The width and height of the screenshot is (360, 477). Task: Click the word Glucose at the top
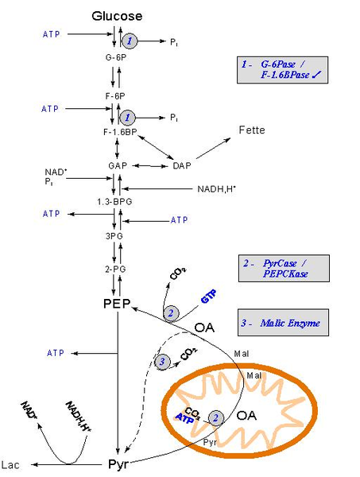[117, 16]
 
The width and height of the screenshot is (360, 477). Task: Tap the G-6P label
[116, 57]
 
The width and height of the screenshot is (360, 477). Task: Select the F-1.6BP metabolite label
[120, 132]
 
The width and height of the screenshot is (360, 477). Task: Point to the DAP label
[182, 166]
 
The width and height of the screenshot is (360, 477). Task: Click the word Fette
[252, 130]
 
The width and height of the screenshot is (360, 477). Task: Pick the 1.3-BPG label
[114, 202]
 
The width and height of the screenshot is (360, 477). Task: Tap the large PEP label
[117, 304]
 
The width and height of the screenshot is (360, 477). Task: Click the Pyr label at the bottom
[118, 464]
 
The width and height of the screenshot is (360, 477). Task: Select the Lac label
[10, 465]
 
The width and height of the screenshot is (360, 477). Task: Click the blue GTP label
[209, 296]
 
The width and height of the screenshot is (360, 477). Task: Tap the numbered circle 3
[162, 362]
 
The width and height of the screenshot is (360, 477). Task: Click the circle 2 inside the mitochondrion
[216, 417]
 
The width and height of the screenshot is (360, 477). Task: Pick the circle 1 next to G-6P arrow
[130, 41]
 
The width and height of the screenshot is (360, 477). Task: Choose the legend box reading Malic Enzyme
[283, 323]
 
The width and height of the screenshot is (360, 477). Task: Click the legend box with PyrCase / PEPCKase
[284, 269]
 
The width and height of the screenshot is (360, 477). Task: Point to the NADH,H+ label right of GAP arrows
[216, 189]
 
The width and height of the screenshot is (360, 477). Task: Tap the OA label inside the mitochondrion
[246, 416]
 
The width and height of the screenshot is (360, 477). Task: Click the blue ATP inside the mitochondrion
[185, 419]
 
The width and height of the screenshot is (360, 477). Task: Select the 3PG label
[114, 236]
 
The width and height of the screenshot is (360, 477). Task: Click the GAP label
[118, 166]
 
